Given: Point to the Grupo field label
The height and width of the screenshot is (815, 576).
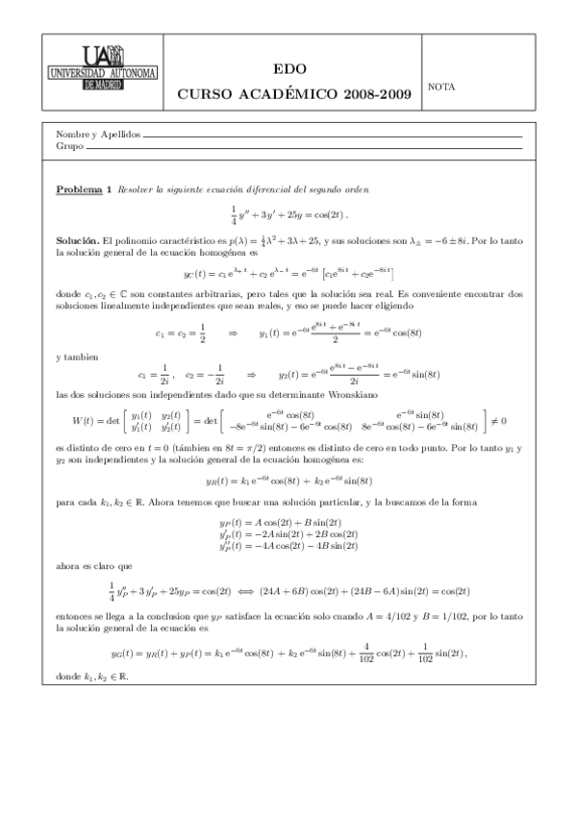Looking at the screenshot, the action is (x=70, y=146).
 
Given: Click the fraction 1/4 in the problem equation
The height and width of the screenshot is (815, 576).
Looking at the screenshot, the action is (x=234, y=213).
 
